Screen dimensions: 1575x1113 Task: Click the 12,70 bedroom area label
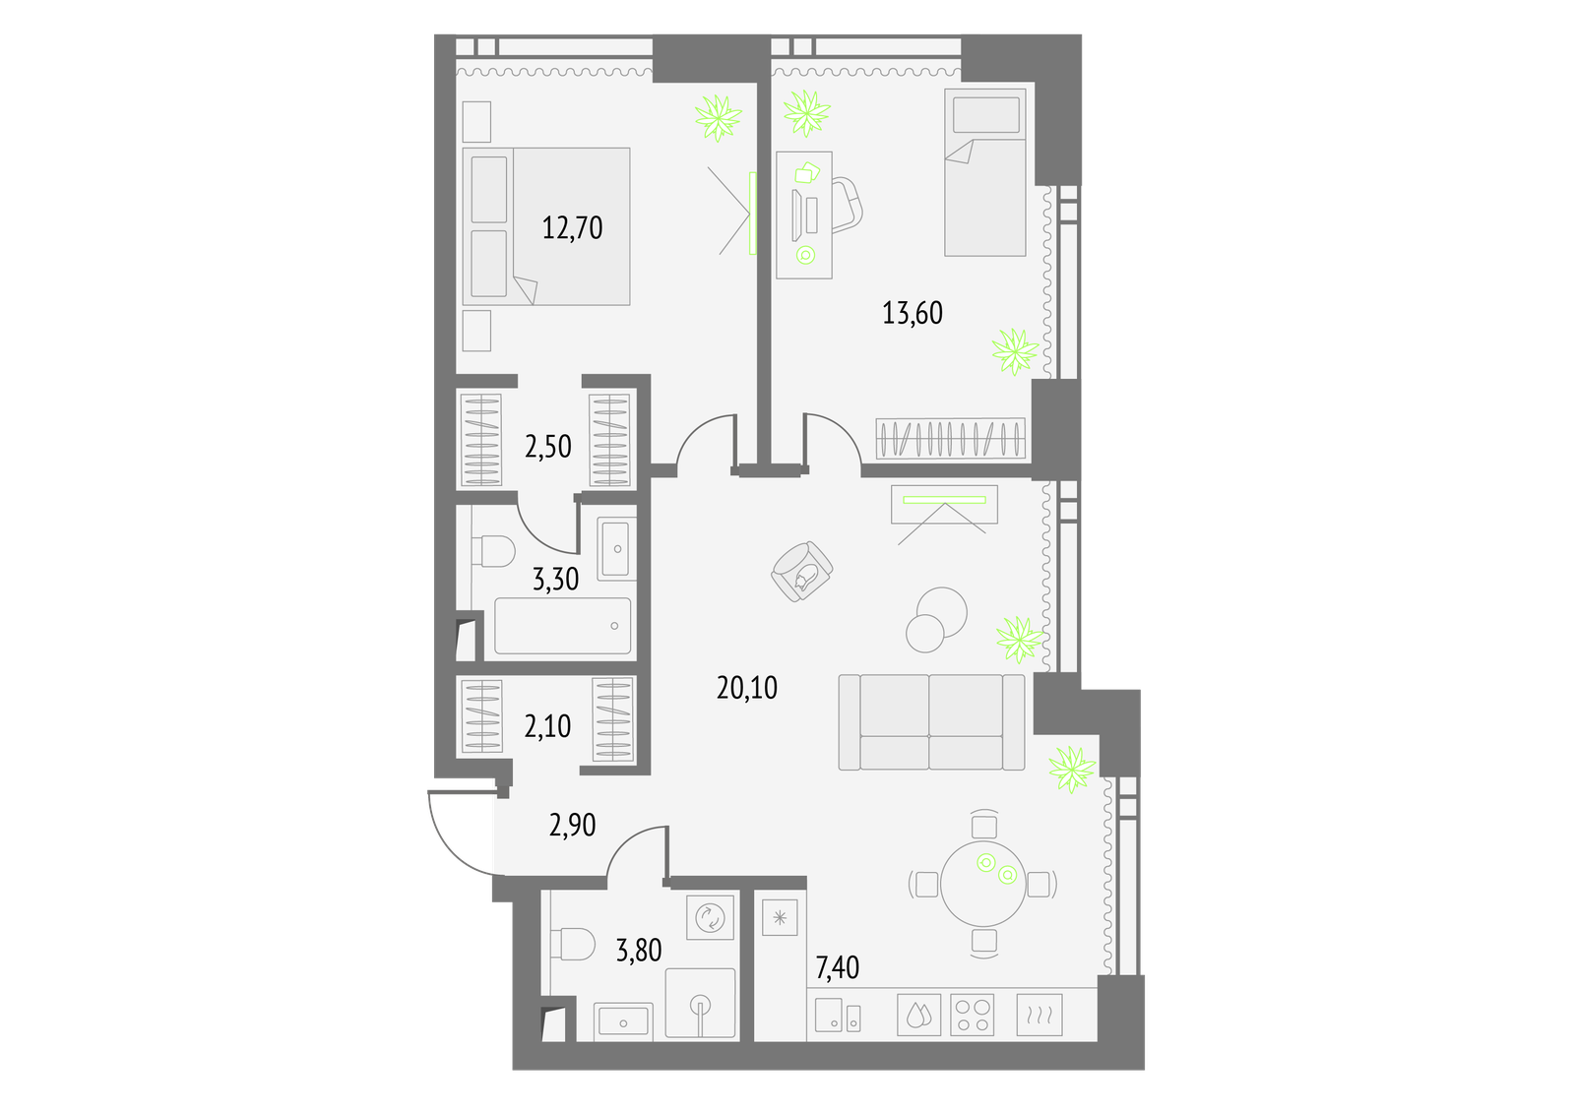click(x=572, y=227)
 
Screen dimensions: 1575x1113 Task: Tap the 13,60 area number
click(x=912, y=313)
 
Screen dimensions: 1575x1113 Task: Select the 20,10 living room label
click(x=747, y=688)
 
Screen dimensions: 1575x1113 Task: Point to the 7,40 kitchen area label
click(x=837, y=968)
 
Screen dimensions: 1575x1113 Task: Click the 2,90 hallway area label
click(x=572, y=825)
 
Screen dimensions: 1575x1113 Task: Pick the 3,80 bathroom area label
click(x=639, y=951)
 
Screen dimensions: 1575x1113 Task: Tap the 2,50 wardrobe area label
click(x=547, y=447)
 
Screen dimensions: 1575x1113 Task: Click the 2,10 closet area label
click(x=547, y=725)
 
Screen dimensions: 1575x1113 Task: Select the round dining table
click(x=983, y=884)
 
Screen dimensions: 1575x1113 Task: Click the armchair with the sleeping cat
click(x=801, y=571)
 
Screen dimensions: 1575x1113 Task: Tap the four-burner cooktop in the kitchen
click(x=972, y=1015)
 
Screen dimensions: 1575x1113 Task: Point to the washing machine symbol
click(x=710, y=917)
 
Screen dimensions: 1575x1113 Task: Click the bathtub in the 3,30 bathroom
click(x=562, y=626)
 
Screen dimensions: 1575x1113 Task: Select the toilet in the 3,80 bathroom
click(x=572, y=944)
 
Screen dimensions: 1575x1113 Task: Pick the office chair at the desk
click(x=848, y=205)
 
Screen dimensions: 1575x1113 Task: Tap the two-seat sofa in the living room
click(x=931, y=722)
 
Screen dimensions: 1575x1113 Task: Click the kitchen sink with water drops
click(x=919, y=1015)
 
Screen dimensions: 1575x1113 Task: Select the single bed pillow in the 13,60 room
click(x=985, y=114)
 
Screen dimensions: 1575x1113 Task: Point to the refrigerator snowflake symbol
click(x=780, y=917)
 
